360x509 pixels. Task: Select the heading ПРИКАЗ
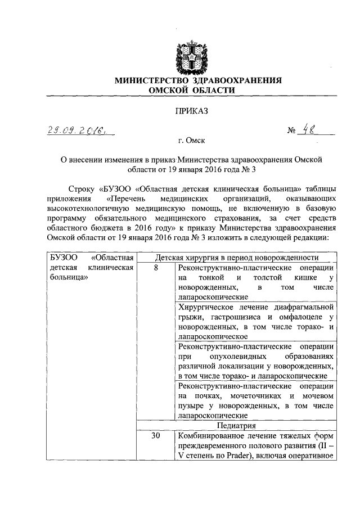(x=192, y=111)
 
